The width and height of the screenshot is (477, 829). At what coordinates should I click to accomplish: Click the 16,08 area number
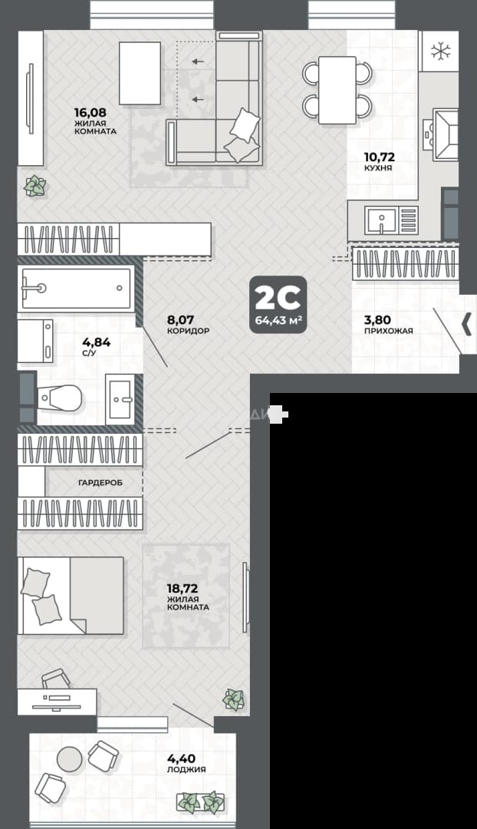pos(90,112)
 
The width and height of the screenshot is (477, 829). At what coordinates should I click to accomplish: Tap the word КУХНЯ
pos(378,168)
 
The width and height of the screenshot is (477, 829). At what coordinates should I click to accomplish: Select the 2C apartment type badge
pos(278,305)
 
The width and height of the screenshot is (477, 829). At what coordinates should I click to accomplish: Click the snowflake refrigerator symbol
pos(440,51)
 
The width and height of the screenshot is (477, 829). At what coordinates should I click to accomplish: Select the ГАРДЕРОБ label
pos(100,483)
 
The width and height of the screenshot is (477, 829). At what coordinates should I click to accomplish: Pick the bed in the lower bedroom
pos(71,596)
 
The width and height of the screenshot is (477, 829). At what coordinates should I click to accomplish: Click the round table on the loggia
pos(70,758)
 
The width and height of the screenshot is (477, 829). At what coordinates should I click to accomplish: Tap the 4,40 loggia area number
pos(181,759)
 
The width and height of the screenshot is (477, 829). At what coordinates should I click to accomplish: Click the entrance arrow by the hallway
pos(467,325)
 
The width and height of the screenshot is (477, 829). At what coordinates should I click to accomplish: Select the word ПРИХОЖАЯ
pos(388,331)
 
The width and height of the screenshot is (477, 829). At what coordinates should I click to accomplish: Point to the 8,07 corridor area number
pos(181,320)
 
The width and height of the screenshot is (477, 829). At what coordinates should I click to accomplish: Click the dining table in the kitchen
pos(337,90)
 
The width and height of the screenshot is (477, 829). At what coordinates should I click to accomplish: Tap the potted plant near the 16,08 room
pos(35,186)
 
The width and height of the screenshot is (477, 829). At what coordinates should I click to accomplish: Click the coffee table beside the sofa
pos(140,73)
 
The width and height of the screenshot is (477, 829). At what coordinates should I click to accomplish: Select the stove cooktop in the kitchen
pos(446,135)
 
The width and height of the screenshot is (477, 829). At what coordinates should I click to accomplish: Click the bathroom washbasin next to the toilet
pos(120,400)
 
